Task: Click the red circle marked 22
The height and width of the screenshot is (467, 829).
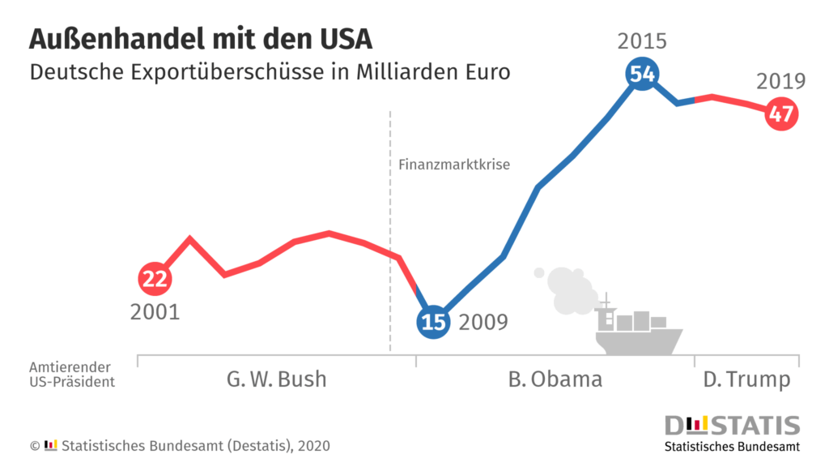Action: coord(154,279)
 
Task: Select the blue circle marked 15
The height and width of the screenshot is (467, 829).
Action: coord(433,322)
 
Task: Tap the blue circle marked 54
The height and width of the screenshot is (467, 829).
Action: coord(642,74)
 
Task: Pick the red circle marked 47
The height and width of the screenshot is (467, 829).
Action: coord(780,114)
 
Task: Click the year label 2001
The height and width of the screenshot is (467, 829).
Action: coord(155,311)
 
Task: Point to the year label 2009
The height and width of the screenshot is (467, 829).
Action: coord(483,323)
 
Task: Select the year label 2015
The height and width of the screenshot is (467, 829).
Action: coord(642,41)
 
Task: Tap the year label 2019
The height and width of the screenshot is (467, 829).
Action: coord(780,81)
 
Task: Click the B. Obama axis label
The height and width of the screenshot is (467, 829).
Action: coord(555,379)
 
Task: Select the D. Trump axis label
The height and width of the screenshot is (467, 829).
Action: coord(746,379)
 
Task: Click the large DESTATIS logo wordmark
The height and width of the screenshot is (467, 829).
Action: coord(732,426)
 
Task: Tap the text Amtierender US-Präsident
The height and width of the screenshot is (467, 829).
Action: coord(72,374)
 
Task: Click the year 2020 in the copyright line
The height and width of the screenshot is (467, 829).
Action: coord(313,446)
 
